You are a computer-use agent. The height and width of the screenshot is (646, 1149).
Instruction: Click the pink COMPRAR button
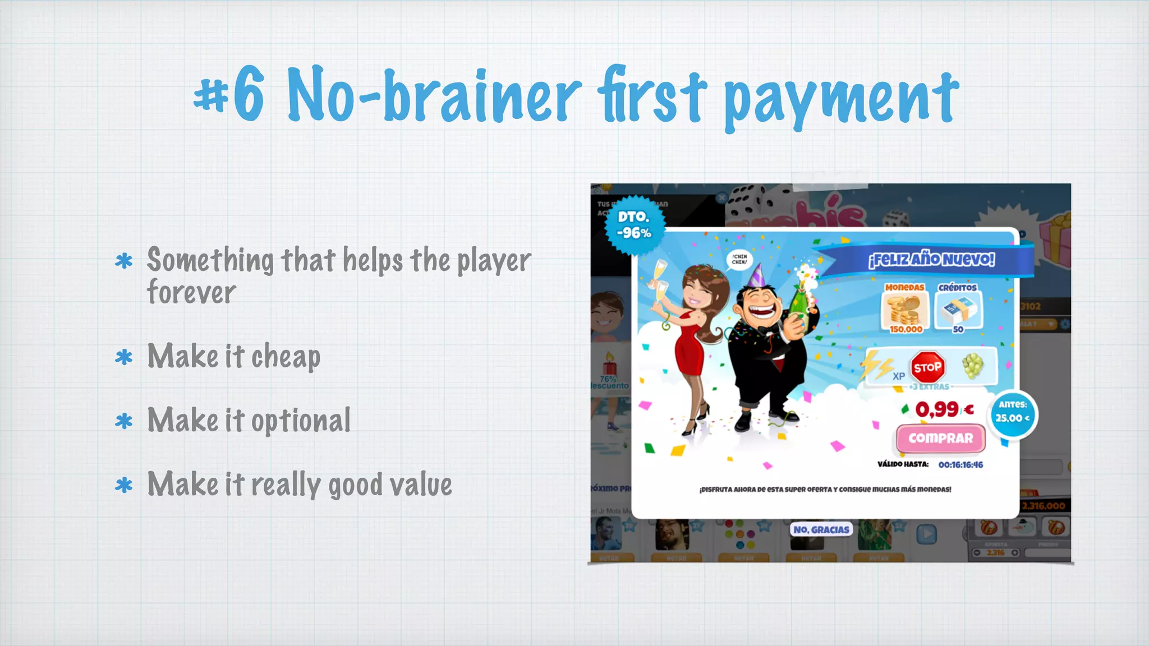tap(940, 439)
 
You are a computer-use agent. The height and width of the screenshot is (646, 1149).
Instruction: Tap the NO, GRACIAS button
tap(821, 529)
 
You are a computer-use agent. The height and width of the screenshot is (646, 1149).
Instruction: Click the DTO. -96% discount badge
tap(635, 225)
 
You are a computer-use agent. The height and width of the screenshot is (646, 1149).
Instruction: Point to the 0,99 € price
tap(944, 409)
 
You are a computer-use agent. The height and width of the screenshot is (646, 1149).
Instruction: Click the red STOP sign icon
tap(927, 368)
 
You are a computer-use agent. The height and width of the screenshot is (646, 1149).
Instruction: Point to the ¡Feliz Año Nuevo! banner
tap(931, 260)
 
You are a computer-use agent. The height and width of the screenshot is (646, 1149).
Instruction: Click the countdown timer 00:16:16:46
tap(960, 465)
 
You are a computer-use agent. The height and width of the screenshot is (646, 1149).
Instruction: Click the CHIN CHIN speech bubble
tap(739, 259)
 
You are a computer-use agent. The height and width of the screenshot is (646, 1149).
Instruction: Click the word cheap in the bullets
tap(286, 358)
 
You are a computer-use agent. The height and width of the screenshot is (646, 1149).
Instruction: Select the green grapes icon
tap(973, 366)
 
